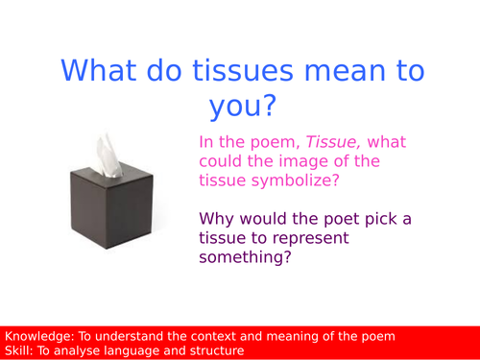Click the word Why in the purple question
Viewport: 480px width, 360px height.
(217, 219)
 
